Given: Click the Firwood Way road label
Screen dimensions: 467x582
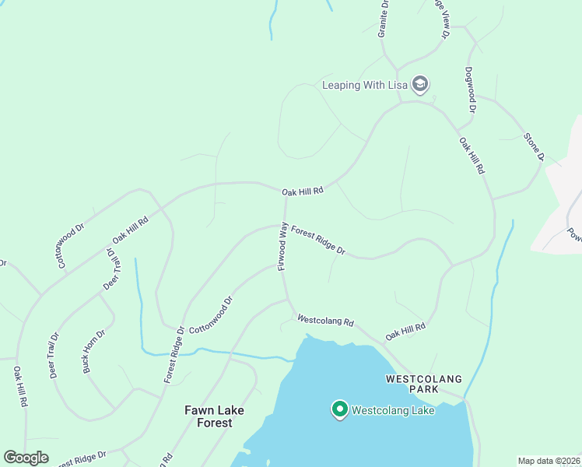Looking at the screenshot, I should [x=283, y=248].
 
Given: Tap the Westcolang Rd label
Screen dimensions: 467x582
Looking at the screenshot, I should [x=325, y=320].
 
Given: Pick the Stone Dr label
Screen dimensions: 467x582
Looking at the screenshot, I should [x=532, y=147].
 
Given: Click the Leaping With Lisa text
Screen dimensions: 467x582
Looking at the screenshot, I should [x=364, y=85].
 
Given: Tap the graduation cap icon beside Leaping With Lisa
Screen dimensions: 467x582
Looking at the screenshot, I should [x=420, y=85].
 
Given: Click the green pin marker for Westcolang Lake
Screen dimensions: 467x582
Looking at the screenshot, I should [x=339, y=409].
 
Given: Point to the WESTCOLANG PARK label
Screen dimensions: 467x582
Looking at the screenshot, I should [x=424, y=384].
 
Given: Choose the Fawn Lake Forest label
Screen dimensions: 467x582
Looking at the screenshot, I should [x=214, y=416].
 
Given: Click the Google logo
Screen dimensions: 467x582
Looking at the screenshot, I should [x=26, y=458].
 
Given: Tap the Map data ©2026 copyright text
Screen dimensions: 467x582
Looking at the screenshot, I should [x=549, y=461].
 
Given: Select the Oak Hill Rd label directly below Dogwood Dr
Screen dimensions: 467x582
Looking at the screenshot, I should [x=472, y=156].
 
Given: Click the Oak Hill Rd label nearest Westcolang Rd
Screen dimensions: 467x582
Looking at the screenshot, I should [x=405, y=332].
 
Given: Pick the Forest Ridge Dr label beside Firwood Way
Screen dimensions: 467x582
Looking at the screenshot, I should [x=318, y=240].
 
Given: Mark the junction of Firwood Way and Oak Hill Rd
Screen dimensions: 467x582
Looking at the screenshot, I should [x=285, y=195].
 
